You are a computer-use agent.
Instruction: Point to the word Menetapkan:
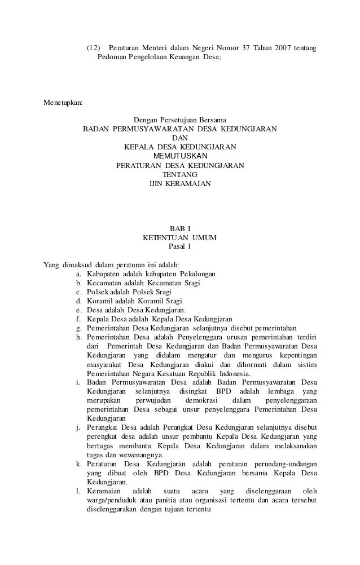coord(63,103)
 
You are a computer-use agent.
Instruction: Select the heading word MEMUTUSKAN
coord(180,156)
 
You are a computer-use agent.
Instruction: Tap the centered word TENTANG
coord(180,175)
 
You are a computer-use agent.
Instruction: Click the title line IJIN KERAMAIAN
coord(180,184)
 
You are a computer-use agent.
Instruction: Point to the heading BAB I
coord(180,229)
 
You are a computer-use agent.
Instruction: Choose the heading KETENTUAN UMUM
coord(180,238)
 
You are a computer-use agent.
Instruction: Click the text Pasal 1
coord(180,247)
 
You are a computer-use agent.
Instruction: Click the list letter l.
coord(78,491)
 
